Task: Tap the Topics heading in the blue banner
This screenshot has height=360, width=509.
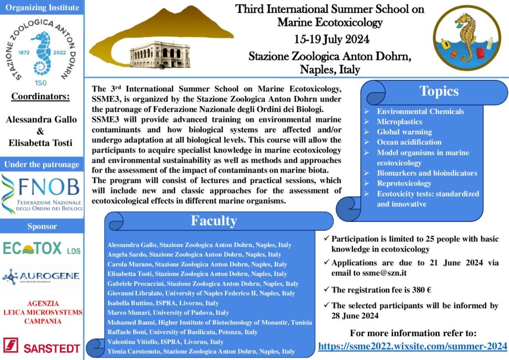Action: click(439, 91)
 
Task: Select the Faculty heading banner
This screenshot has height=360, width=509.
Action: click(214, 221)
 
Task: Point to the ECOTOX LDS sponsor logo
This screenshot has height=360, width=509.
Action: click(42, 248)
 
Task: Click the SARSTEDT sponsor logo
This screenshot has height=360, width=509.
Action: click(42, 345)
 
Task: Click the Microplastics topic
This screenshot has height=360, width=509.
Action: click(399, 122)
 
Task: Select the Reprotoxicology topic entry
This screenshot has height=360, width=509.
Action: click(404, 183)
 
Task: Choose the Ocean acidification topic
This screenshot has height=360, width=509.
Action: click(409, 142)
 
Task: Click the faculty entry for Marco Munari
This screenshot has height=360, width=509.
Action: click(168, 313)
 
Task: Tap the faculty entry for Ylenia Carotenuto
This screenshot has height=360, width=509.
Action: click(201, 352)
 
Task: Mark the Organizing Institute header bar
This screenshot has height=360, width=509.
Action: click(42, 7)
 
